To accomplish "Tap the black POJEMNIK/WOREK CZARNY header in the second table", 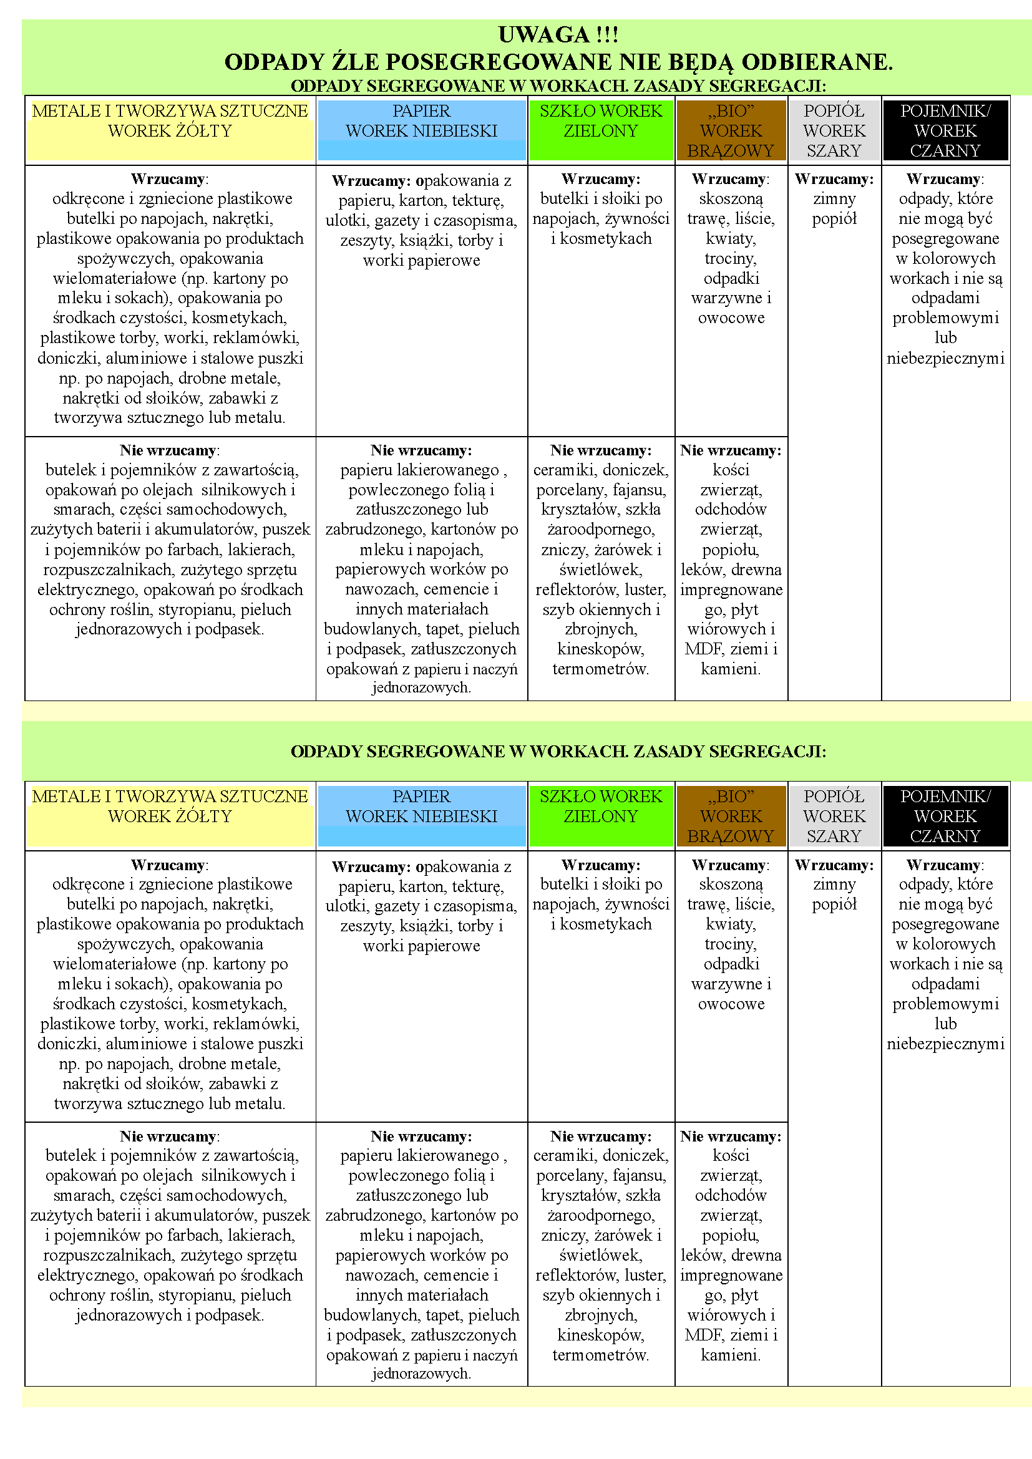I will click(945, 816).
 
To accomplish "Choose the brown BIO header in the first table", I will click(731, 130).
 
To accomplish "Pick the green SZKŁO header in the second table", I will click(600, 807).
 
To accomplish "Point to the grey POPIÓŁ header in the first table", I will click(834, 130).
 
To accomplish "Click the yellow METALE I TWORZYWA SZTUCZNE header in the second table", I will click(170, 807).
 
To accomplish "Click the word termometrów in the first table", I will click(600, 669).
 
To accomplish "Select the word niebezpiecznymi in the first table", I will click(945, 359).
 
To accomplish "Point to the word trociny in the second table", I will click(730, 944).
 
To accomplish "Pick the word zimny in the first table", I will click(834, 199).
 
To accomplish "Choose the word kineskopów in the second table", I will click(600, 1335).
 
